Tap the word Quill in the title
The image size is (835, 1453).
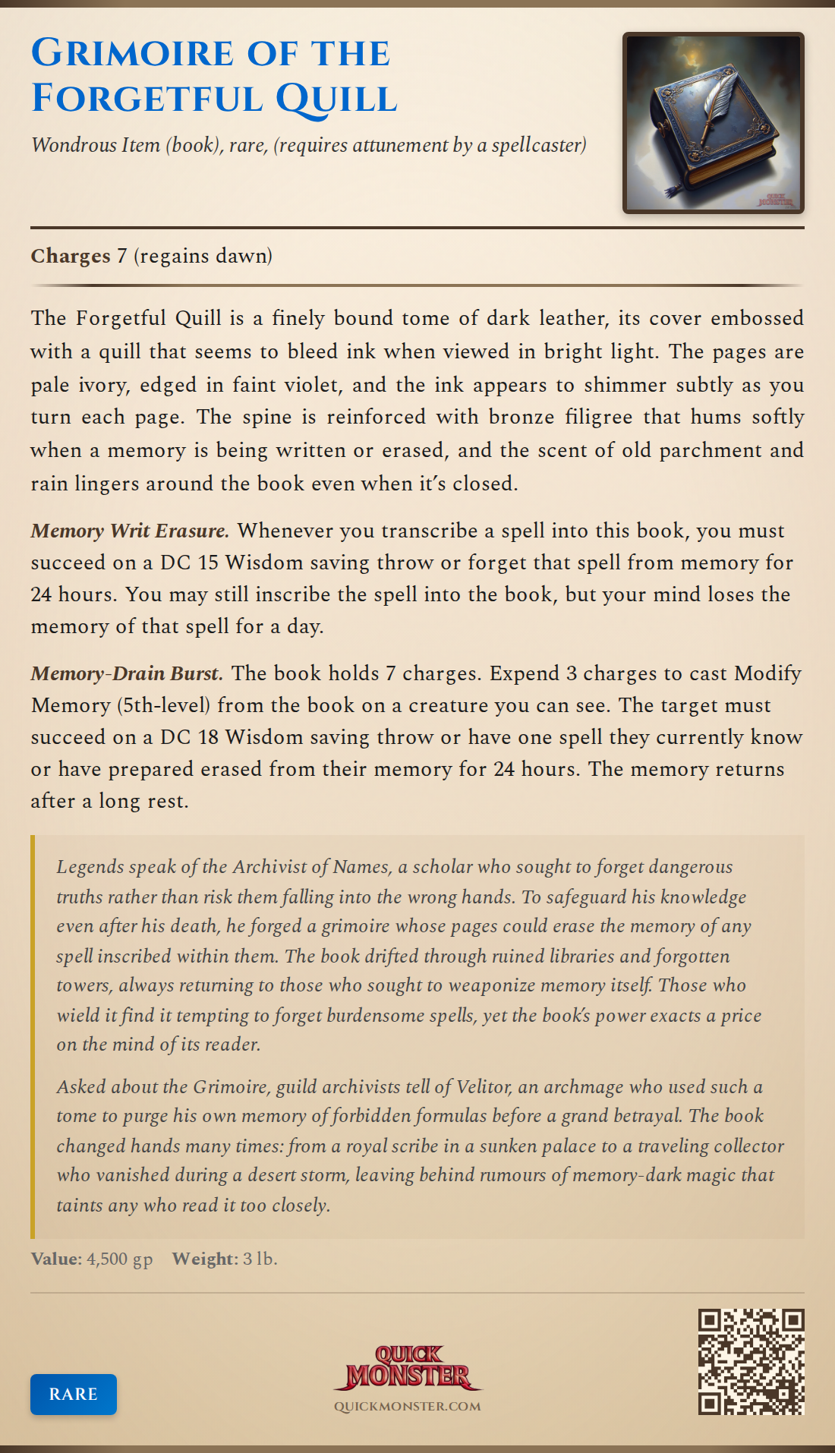pyautogui.click(x=336, y=99)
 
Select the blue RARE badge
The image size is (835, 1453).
pyautogui.click(x=74, y=1394)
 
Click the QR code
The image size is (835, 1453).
pyautogui.click(x=751, y=1361)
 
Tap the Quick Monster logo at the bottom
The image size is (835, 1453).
pyautogui.click(x=408, y=1367)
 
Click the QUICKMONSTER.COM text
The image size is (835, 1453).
pyautogui.click(x=408, y=1406)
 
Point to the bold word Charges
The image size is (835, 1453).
pyautogui.click(x=71, y=256)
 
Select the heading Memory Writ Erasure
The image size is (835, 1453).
pyautogui.click(x=130, y=531)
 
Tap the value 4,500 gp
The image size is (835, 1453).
pyautogui.click(x=120, y=1259)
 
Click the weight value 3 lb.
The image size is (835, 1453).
pyautogui.click(x=260, y=1259)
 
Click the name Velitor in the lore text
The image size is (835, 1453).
pyautogui.click(x=484, y=1086)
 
